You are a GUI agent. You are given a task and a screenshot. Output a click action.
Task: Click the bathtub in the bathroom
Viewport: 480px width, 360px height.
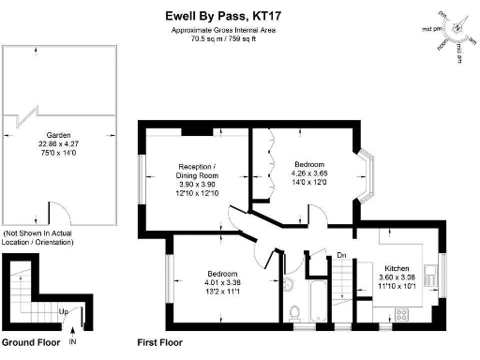(x=316, y=301)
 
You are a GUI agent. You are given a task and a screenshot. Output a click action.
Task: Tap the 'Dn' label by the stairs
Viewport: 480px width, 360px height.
(x=342, y=254)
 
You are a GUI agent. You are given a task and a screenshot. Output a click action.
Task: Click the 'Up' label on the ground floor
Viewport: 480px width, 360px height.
(x=63, y=310)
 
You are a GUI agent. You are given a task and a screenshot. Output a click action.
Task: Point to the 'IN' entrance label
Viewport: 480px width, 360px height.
(x=71, y=343)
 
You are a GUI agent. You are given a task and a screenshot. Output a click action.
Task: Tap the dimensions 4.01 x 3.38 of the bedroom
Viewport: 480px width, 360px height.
(x=221, y=282)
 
